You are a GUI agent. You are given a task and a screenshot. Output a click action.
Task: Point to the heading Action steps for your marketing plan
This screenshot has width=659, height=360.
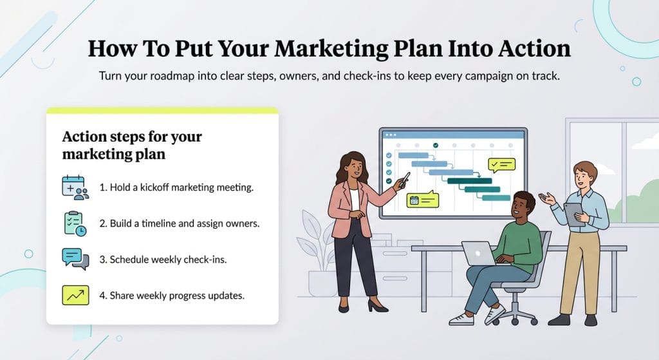pyautogui.click(x=131, y=146)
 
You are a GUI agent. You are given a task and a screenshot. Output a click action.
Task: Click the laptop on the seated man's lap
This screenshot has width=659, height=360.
pyautogui.click(x=479, y=252)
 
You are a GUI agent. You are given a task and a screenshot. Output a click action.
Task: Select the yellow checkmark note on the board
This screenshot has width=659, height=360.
pyautogui.click(x=501, y=165)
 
